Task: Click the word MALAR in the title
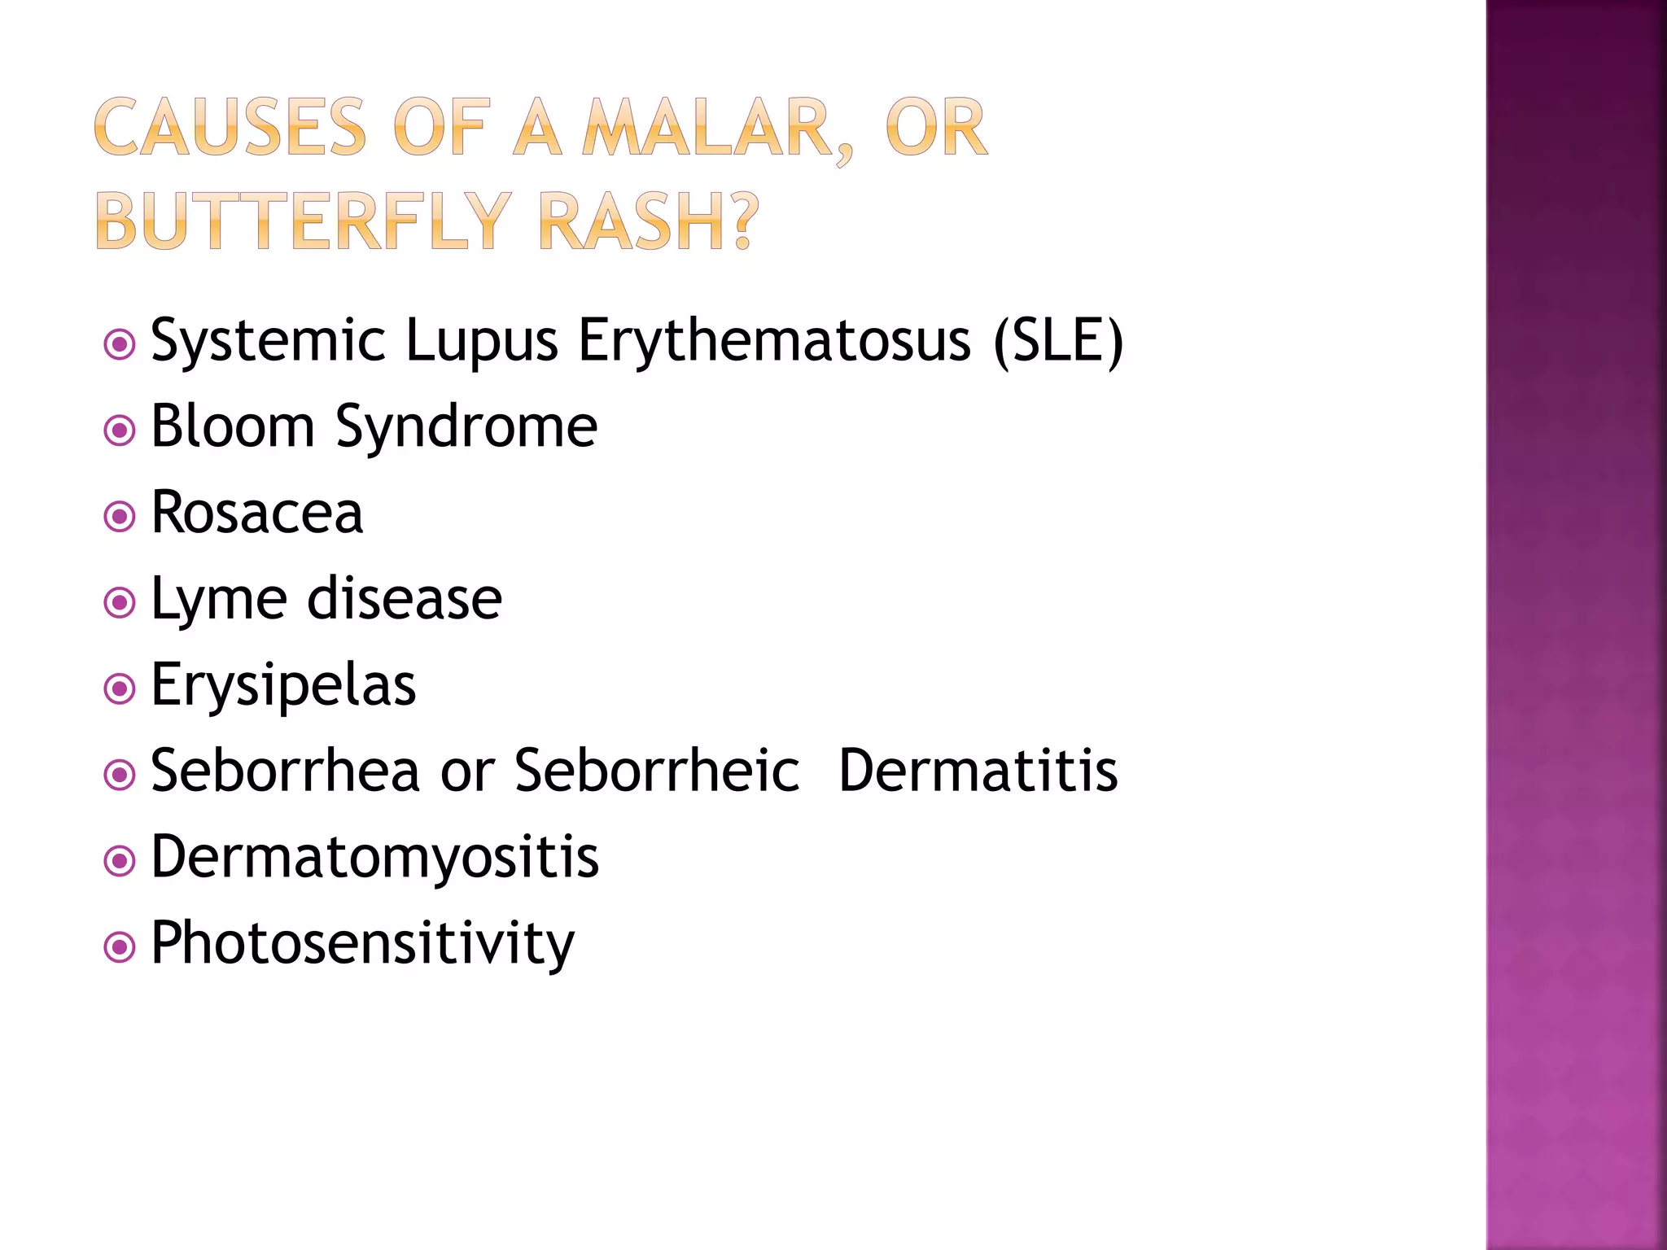(708, 128)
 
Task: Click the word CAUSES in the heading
(230, 128)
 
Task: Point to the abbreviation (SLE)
(1058, 340)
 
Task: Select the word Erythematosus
(774, 340)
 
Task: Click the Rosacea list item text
(257, 513)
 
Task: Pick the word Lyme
(219, 601)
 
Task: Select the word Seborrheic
(658, 770)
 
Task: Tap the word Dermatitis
(978, 770)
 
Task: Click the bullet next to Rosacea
(120, 516)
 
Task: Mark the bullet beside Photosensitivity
(120, 947)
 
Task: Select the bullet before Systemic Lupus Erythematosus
(120, 344)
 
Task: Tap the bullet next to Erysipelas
(120, 689)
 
